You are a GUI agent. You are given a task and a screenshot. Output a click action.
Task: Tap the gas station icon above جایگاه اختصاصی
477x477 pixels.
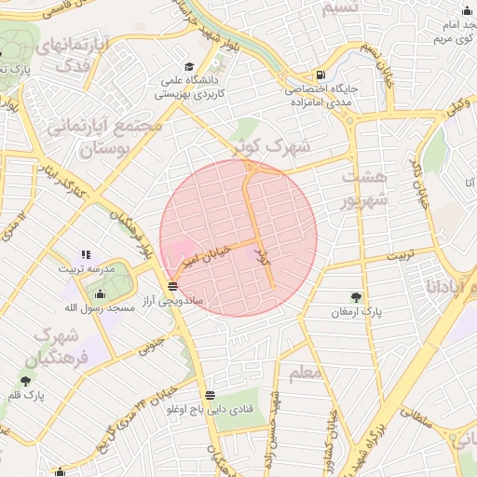(x=321, y=75)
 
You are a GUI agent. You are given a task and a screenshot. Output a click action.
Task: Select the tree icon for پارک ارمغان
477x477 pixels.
(x=356, y=297)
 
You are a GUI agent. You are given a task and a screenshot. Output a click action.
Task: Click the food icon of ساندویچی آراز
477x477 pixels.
(x=172, y=285)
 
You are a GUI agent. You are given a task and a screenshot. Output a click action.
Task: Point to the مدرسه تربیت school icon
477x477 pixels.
(x=87, y=253)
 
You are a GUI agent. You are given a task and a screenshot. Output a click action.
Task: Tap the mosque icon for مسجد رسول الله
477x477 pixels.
(x=101, y=293)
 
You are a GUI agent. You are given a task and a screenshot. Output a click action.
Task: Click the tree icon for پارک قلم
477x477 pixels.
(x=26, y=380)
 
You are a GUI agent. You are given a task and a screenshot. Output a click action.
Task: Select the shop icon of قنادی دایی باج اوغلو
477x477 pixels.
(x=209, y=395)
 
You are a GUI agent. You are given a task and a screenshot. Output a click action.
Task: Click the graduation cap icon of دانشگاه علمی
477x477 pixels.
(x=190, y=67)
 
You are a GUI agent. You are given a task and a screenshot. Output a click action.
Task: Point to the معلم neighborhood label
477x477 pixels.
(x=306, y=373)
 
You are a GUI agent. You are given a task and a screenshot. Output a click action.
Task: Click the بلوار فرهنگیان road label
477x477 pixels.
(x=130, y=234)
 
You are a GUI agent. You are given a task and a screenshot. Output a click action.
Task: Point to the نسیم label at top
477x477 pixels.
(x=337, y=9)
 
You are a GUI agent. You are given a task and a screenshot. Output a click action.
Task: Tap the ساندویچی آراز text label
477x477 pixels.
(x=172, y=302)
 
